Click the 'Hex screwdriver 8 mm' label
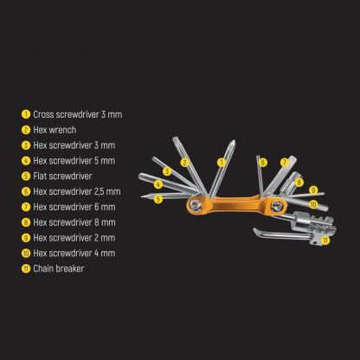point(70,222)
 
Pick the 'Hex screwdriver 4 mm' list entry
point(70,253)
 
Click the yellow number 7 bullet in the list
point(27,207)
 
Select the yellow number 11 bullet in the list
point(27,268)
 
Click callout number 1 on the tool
point(221,162)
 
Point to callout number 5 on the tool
point(158,198)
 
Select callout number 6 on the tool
point(262,162)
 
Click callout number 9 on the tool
point(313,190)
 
